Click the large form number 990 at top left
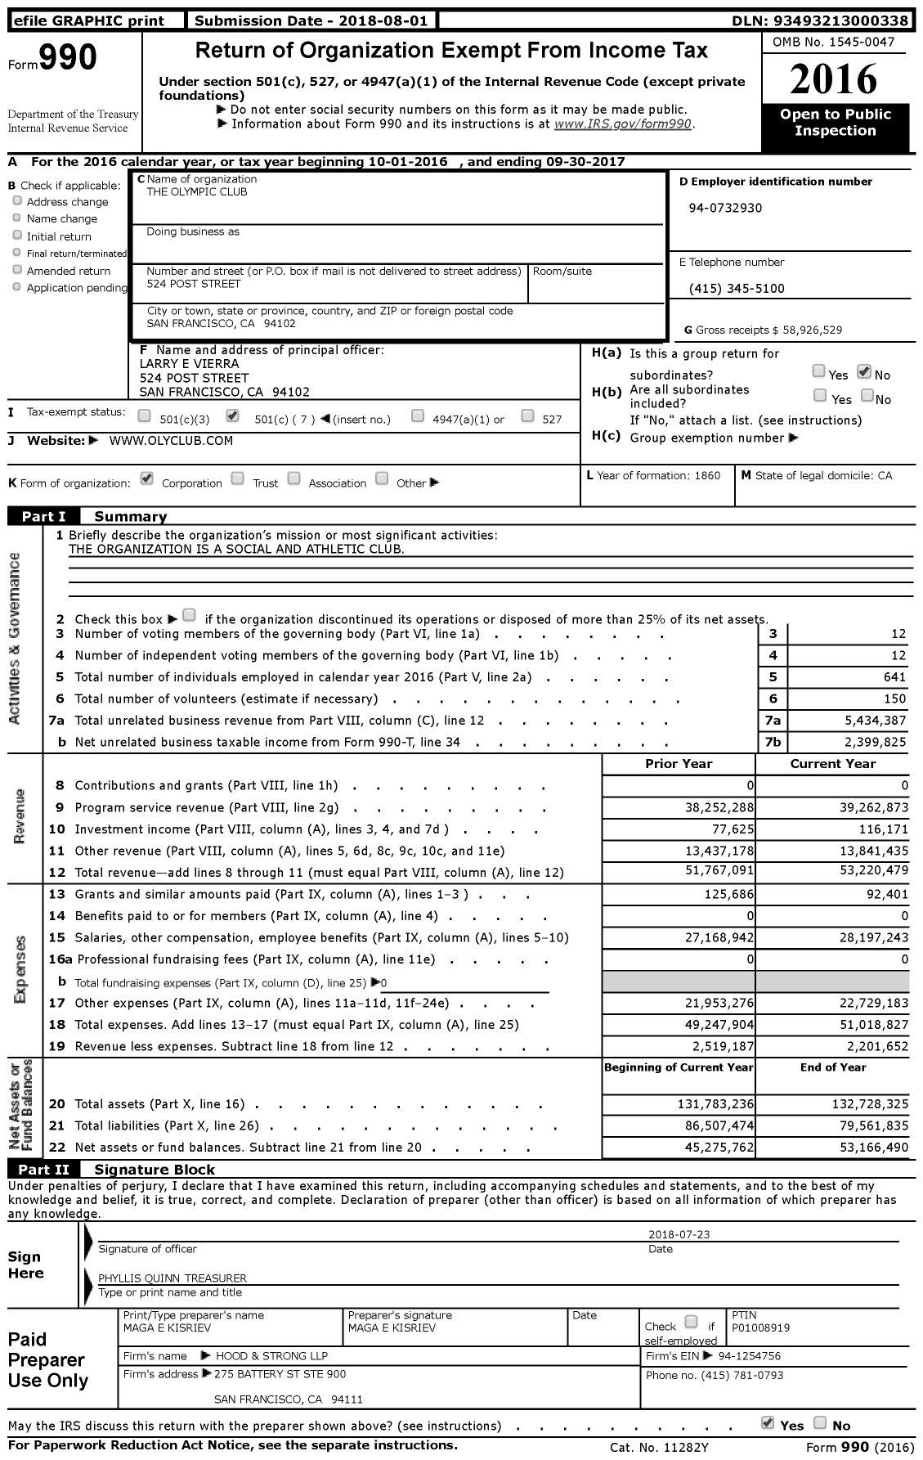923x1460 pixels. (68, 58)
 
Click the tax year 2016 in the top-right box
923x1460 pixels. (835, 79)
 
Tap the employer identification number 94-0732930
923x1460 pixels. (725, 208)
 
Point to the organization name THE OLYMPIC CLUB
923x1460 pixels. (197, 191)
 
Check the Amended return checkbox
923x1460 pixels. (17, 270)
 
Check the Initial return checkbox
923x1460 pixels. (17, 236)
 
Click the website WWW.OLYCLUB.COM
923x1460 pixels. (171, 440)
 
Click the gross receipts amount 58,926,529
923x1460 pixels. (812, 330)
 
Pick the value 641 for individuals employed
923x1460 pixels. (894, 676)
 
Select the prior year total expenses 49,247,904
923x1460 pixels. (712, 1024)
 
